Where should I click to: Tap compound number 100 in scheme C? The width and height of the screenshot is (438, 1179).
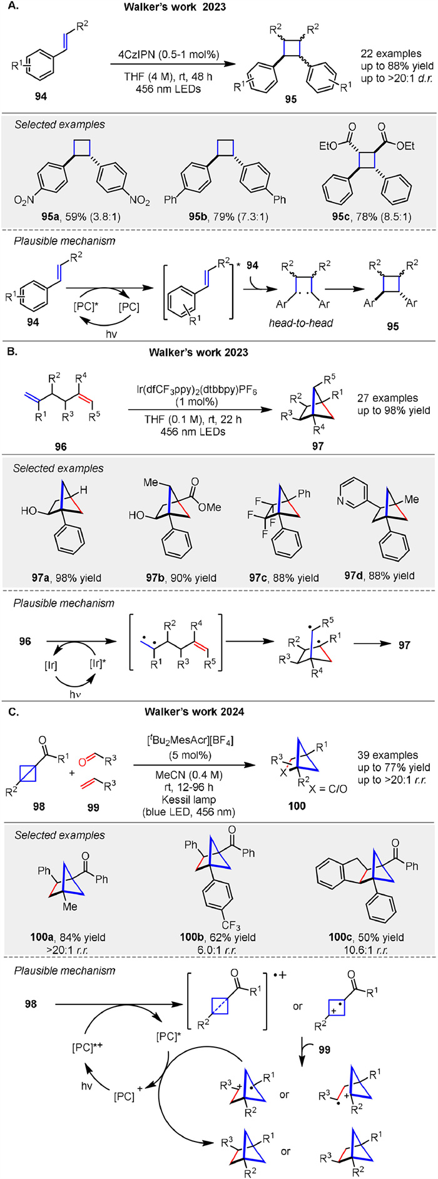(297, 806)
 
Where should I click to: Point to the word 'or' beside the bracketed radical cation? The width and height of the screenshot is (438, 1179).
(298, 1007)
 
